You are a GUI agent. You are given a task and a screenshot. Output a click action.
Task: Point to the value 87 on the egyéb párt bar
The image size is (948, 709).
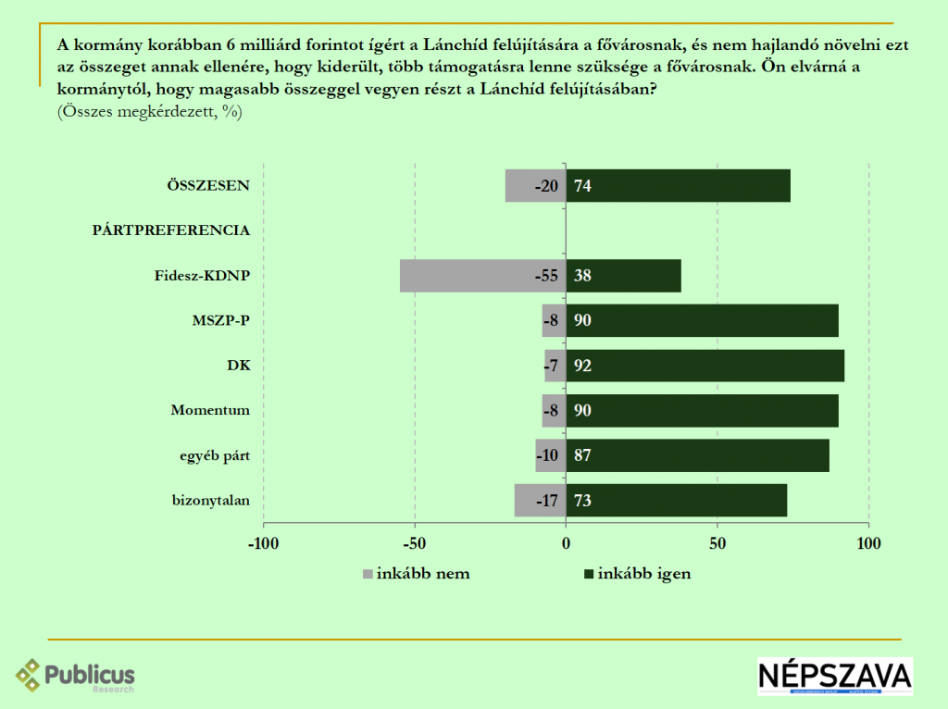coord(582,455)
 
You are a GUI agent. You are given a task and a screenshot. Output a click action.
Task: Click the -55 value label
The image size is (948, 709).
coord(546,276)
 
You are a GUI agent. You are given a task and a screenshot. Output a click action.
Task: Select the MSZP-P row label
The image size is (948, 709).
coord(223,320)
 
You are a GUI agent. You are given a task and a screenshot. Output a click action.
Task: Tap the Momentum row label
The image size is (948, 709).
coord(210,410)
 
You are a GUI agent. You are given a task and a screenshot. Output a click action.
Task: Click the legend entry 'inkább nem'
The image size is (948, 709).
coord(422,573)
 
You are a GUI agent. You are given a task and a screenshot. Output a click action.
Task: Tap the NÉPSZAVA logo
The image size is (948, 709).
coord(834,676)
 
